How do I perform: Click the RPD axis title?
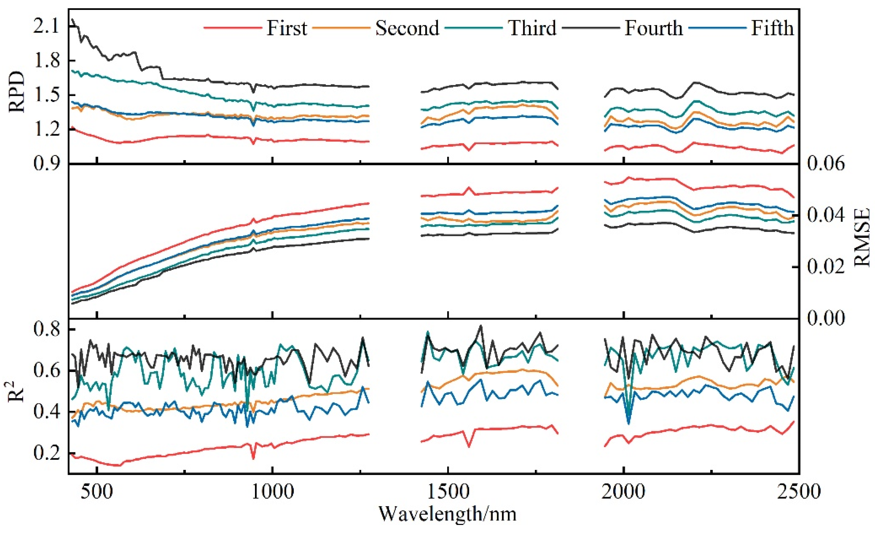click(17, 91)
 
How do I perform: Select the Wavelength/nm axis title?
click(448, 514)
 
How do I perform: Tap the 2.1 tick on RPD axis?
click(46, 27)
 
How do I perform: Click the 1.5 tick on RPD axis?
click(46, 95)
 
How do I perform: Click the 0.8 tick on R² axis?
click(46, 330)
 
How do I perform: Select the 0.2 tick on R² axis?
click(46, 454)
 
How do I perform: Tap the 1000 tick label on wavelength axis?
click(272, 492)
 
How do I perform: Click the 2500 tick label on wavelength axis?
click(799, 492)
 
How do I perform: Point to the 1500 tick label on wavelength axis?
click(448, 492)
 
